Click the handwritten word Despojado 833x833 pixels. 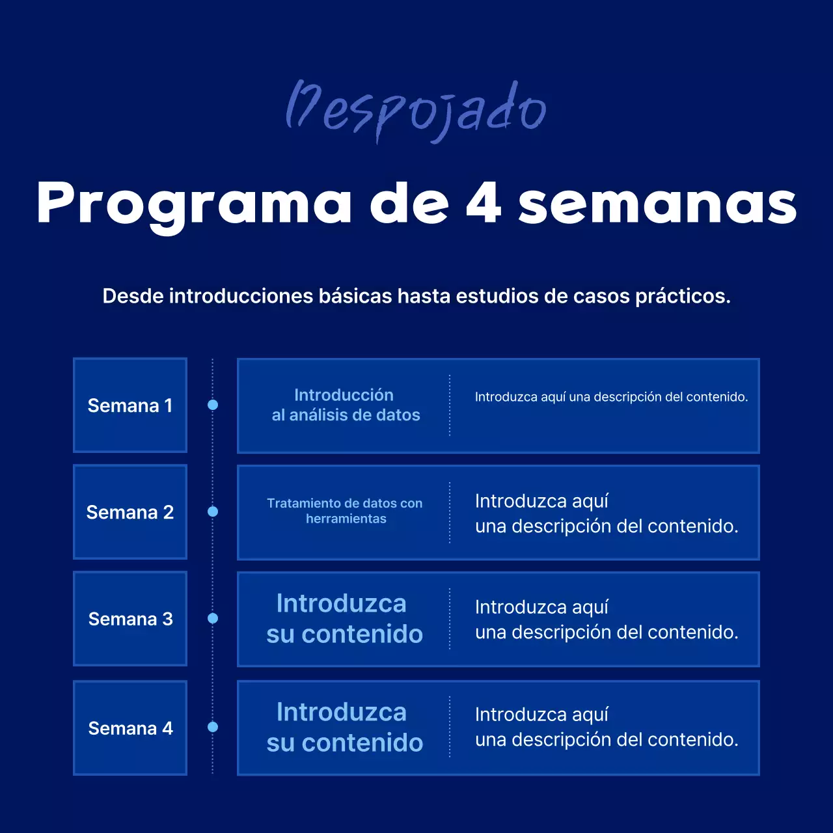tap(416, 109)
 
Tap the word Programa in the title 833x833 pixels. tap(194, 204)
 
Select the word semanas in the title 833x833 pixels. tap(657, 203)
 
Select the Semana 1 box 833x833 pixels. tap(130, 405)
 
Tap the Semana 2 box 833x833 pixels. tap(130, 512)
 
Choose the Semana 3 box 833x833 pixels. tap(130, 618)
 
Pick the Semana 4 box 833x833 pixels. tap(130, 728)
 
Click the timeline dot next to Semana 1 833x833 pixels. tap(213, 405)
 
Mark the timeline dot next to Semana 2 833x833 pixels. tap(213, 512)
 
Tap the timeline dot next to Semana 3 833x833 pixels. tap(213, 618)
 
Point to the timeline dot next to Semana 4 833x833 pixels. tap(213, 727)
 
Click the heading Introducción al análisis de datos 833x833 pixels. tap(345, 405)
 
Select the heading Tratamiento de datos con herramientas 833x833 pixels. tap(345, 511)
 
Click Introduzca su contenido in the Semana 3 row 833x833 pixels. tap(344, 618)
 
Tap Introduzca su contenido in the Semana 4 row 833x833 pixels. tap(344, 727)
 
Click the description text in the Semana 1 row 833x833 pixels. tap(611, 397)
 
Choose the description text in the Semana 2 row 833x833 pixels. tap(607, 513)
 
